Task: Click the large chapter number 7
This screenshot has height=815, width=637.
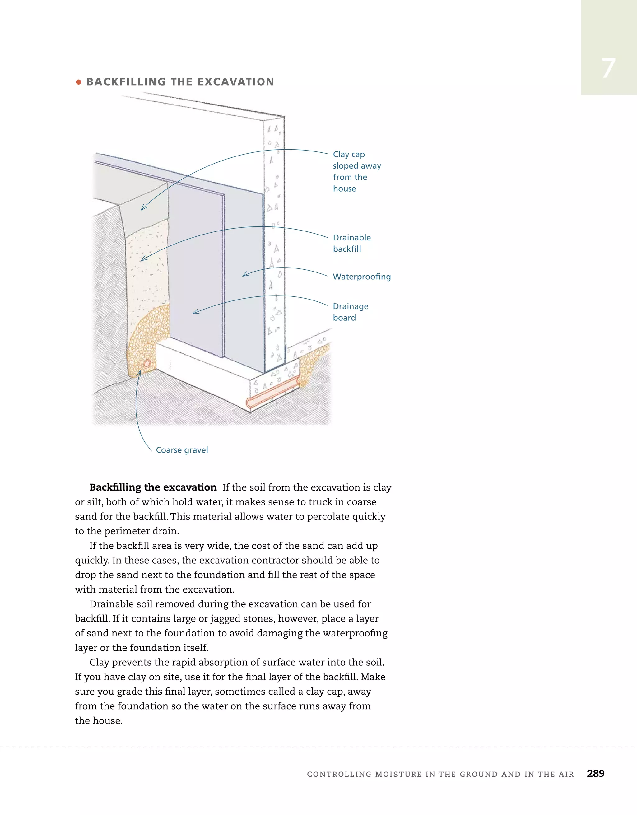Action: [608, 68]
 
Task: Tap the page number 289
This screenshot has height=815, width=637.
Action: [595, 773]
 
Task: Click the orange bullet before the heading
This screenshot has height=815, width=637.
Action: [78, 82]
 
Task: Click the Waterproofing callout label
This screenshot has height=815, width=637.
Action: [362, 277]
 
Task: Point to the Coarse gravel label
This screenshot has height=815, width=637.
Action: [182, 450]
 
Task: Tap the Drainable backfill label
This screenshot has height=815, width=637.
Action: [351, 243]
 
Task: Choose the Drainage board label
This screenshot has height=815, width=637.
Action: [351, 312]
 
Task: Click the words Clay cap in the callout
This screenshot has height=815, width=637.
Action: [349, 155]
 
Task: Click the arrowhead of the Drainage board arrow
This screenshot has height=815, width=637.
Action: [194, 312]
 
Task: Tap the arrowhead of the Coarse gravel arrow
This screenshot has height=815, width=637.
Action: [139, 372]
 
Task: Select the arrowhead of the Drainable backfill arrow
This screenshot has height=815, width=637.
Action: [142, 260]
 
